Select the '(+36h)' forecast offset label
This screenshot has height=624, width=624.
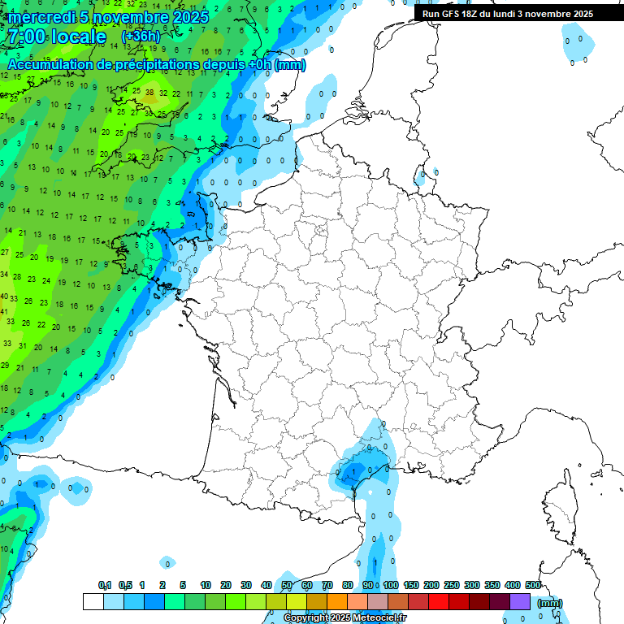point(141,37)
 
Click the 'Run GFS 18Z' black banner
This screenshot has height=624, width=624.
point(508,14)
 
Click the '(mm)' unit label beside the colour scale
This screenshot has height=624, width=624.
point(550,603)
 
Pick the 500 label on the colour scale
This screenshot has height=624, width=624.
point(533,585)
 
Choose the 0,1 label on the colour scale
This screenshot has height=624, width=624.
point(105,585)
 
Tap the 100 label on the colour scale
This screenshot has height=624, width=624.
point(391,585)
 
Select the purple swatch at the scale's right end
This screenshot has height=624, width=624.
point(520,602)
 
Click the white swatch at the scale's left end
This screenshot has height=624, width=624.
point(93,602)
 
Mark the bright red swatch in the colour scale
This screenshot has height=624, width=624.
point(439,602)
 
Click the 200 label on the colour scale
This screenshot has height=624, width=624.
point(431,585)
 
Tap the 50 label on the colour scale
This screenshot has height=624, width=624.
point(287,585)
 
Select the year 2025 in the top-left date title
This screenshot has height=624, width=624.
point(190,17)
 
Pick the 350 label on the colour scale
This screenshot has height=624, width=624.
point(492,585)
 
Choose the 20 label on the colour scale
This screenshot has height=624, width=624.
point(226,585)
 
